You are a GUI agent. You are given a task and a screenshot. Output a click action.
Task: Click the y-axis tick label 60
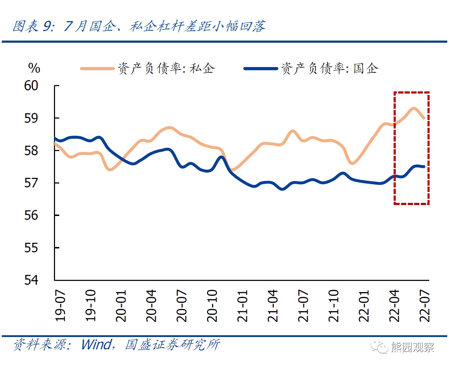(31, 85)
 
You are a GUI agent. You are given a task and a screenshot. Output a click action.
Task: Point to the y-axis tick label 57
(31, 183)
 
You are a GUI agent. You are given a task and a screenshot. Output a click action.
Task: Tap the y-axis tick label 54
(31, 280)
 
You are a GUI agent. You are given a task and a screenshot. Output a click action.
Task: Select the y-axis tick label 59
(31, 118)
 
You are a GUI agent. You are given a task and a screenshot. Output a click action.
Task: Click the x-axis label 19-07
(60, 306)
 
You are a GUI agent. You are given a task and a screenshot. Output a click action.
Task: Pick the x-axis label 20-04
(151, 306)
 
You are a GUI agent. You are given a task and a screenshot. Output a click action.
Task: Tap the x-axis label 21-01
(242, 306)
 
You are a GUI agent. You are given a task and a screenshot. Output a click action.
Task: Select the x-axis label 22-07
(425, 306)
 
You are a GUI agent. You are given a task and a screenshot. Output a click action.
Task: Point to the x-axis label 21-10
(334, 306)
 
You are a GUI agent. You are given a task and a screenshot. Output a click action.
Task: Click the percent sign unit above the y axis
(34, 68)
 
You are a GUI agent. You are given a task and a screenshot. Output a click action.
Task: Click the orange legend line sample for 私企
(97, 68)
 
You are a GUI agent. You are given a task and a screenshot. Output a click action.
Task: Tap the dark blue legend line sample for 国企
(261, 68)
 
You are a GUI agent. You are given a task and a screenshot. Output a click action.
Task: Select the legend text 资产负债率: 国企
(330, 68)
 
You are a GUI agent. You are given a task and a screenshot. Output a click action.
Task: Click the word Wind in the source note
(96, 344)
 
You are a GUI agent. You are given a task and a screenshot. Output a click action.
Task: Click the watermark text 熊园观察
(412, 348)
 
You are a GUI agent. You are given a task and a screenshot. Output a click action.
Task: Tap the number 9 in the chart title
(48, 26)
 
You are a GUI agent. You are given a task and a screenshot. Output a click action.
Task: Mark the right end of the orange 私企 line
(424, 118)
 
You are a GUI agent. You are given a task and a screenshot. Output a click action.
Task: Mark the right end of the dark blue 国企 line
(424, 167)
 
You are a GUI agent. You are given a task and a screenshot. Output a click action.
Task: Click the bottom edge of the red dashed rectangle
(412, 204)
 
